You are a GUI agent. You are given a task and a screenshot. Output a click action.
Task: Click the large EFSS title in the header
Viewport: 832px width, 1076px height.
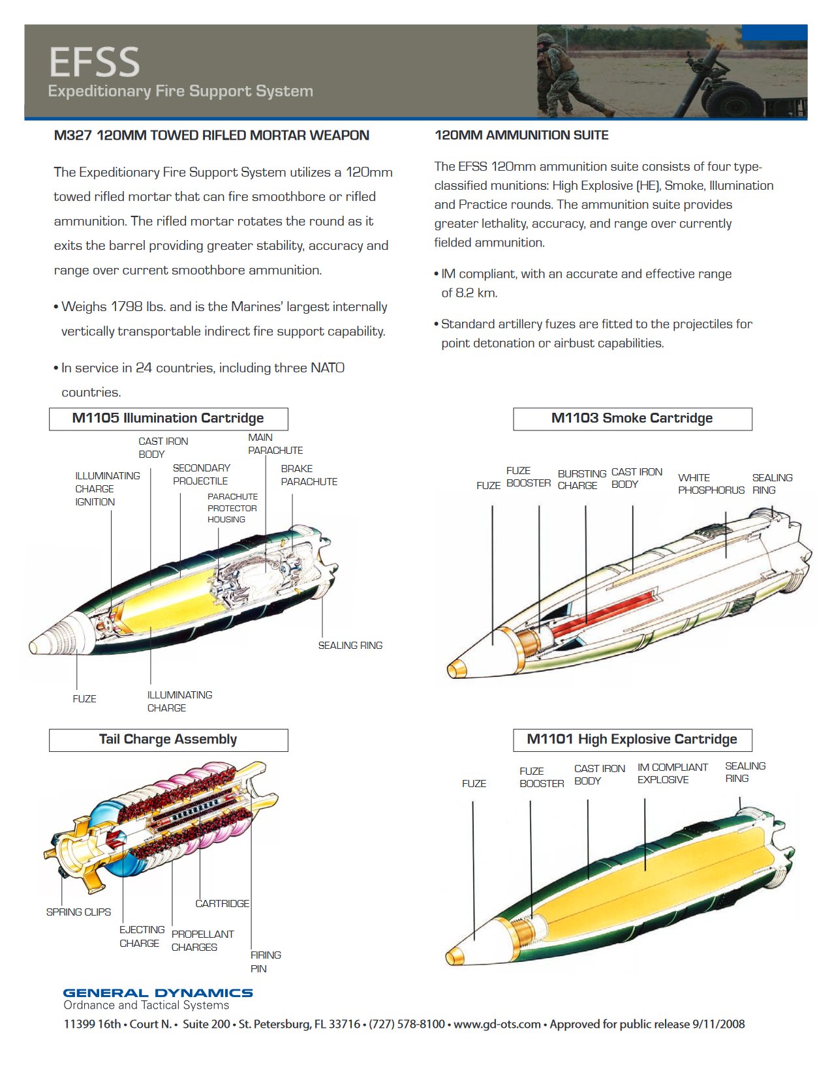[95, 62]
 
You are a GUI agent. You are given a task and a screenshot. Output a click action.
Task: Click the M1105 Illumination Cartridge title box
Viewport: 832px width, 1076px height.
[168, 419]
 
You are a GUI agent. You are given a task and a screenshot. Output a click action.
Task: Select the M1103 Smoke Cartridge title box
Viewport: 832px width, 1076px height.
[632, 419]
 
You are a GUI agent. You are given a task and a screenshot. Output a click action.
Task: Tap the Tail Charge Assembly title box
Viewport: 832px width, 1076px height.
[168, 740]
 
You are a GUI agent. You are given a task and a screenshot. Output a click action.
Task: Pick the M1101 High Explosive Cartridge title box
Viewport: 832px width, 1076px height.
[632, 740]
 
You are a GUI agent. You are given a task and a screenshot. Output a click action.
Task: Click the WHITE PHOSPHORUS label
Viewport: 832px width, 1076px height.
[711, 484]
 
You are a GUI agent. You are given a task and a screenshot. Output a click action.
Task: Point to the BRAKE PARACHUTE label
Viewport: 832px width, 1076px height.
[309, 475]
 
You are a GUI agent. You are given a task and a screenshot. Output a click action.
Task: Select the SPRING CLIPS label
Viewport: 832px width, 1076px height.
[78, 912]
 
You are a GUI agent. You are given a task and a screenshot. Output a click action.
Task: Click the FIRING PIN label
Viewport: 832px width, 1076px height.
[265, 962]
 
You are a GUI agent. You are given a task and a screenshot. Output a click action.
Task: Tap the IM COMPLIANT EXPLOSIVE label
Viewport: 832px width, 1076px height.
[672, 773]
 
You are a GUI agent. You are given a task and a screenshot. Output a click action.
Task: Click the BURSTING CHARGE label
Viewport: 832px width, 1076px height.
[581, 479]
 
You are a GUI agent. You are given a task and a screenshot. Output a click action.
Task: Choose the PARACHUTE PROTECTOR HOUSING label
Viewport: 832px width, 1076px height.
[232, 508]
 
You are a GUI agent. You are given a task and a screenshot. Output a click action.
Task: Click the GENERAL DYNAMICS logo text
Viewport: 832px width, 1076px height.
[158, 993]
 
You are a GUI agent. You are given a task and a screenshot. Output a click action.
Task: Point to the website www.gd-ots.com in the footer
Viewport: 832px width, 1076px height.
[497, 1024]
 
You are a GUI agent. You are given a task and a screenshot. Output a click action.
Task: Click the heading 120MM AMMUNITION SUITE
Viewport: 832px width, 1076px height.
[521, 136]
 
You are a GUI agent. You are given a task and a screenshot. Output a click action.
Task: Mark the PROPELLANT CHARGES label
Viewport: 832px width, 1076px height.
[202, 941]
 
